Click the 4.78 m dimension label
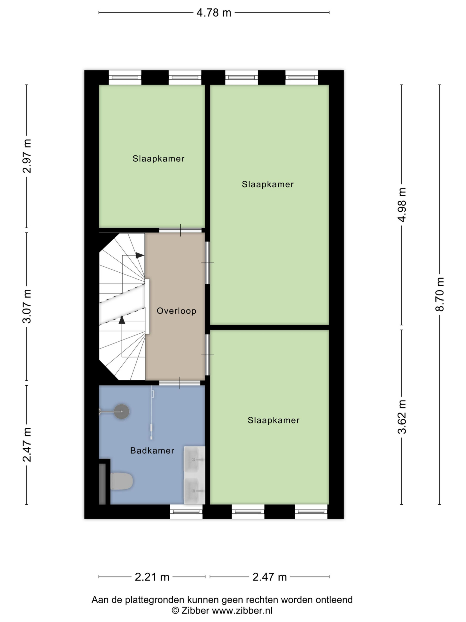214,13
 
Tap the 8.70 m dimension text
440,294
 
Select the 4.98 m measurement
402,205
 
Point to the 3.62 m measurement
402,417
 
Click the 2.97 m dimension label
27,156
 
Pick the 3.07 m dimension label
27,306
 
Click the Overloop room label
176,311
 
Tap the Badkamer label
152,451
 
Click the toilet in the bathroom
122,481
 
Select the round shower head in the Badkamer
122,412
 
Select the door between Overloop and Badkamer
180,383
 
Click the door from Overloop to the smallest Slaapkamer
180,230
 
